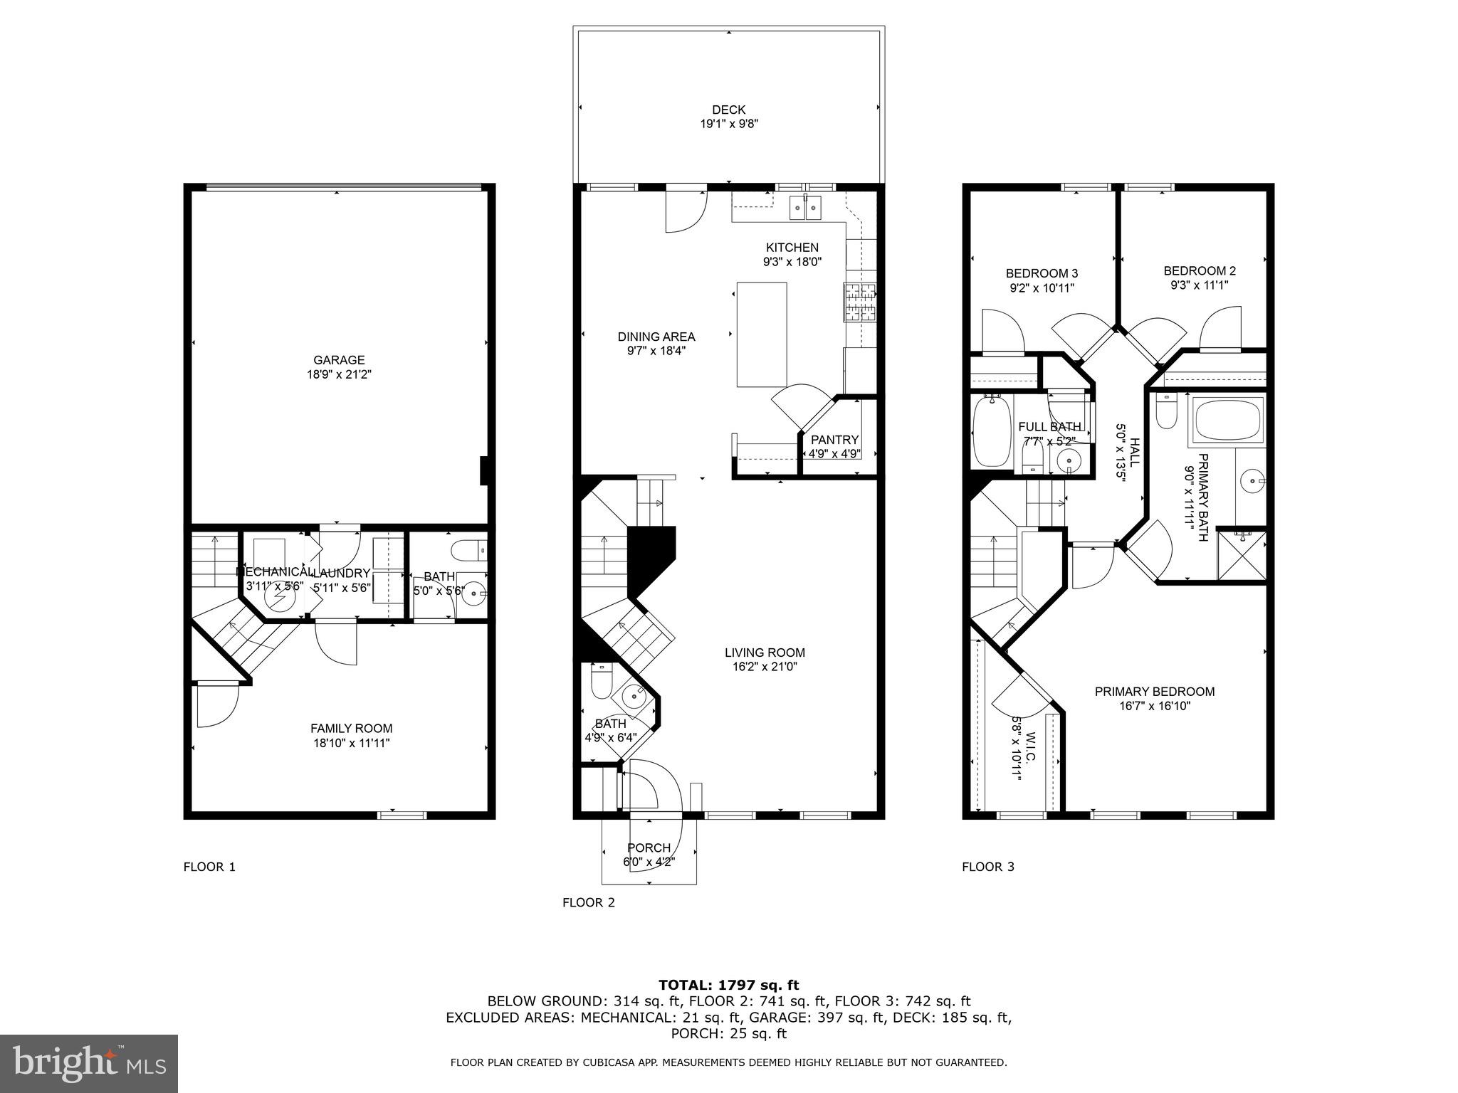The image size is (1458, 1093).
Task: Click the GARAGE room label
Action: [x=339, y=360]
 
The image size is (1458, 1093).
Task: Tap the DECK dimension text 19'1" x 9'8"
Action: [x=728, y=124]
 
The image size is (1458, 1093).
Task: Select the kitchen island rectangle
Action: [x=761, y=334]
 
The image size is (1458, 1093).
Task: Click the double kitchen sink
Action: [x=805, y=208]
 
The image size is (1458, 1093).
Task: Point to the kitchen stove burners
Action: [x=859, y=302]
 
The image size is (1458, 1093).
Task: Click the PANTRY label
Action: [x=834, y=440]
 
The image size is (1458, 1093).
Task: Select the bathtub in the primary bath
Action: [x=1229, y=420]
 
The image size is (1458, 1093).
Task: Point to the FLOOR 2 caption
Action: [x=588, y=902]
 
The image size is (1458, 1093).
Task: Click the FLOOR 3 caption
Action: [x=987, y=867]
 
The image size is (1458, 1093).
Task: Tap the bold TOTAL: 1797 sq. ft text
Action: [x=728, y=985]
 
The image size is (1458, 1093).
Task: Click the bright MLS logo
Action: [x=89, y=1065]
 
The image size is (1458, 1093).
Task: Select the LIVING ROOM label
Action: [x=765, y=653]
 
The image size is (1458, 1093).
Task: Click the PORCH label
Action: [x=649, y=848]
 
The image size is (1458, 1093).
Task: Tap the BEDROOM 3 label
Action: [x=1041, y=273]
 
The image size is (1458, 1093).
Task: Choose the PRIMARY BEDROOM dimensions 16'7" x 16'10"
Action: [x=1154, y=706]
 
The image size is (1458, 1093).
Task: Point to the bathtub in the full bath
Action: [x=991, y=431]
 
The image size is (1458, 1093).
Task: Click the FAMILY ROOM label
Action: [x=351, y=729]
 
